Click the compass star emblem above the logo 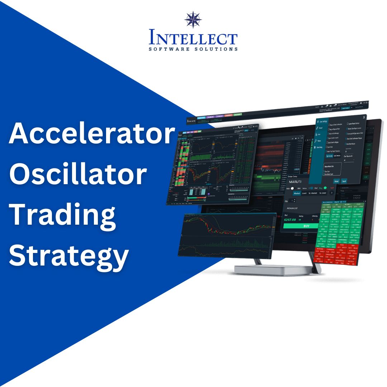pyautogui.click(x=193, y=20)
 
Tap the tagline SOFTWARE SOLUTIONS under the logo pyautogui.click(x=193, y=49)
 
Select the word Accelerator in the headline pyautogui.click(x=91, y=134)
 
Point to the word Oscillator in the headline pyautogui.click(x=78, y=175)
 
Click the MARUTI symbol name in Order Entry pyautogui.click(x=296, y=182)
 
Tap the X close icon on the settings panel pyautogui.click(x=364, y=117)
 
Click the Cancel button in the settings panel pyautogui.click(x=344, y=181)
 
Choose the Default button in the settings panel pyautogui.click(x=336, y=181)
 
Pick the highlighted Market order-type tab pyautogui.click(x=297, y=193)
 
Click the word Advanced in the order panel pyautogui.click(x=292, y=208)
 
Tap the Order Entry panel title pyautogui.click(x=295, y=176)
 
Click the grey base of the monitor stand pyautogui.click(x=272, y=269)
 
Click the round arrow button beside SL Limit pyautogui.click(x=331, y=193)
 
